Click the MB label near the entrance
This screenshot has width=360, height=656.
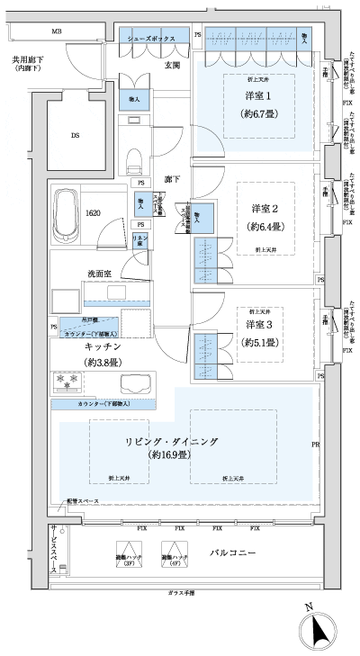56,31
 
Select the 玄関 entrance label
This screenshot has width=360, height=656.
173,65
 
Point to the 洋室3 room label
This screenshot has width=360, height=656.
257,324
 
